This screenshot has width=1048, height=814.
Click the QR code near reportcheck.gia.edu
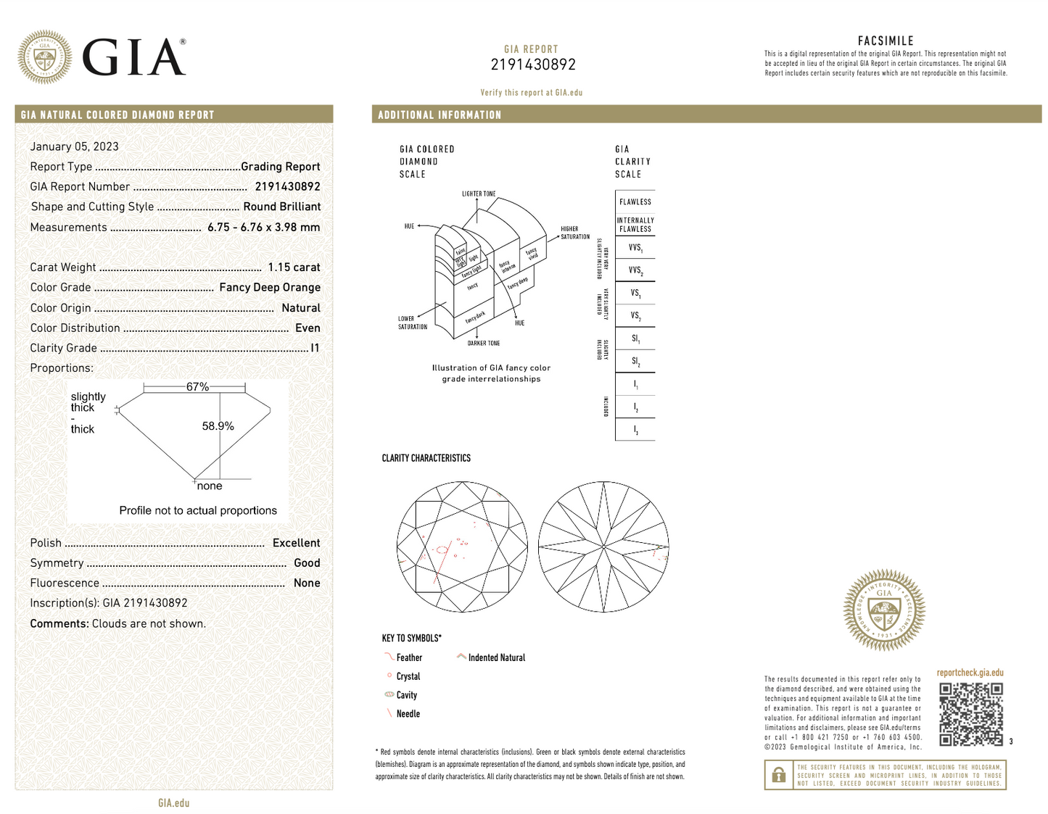pyautogui.click(x=971, y=714)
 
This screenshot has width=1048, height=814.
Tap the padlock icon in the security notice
pyautogui.click(x=778, y=775)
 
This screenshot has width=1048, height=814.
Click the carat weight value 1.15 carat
pyautogui.click(x=294, y=267)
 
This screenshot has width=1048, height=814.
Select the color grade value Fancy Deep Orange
pyautogui.click(x=270, y=288)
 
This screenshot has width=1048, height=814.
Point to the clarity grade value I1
pyautogui.click(x=315, y=348)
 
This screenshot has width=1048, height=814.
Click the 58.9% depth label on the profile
pyautogui.click(x=218, y=426)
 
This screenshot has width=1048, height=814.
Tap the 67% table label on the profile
pyautogui.click(x=197, y=387)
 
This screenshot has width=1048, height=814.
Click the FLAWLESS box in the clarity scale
pyautogui.click(x=635, y=202)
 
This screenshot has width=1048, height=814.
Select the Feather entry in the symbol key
pyautogui.click(x=409, y=657)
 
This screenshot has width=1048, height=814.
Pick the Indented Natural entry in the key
pyautogui.click(x=496, y=657)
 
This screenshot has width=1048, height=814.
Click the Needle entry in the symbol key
pyautogui.click(x=408, y=714)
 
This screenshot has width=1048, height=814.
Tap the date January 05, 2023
pyautogui.click(x=74, y=146)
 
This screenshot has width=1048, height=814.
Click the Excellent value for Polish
pyautogui.click(x=296, y=543)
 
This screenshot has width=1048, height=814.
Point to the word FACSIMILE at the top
pyautogui.click(x=886, y=41)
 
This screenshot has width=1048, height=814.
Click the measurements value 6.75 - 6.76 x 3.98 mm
pyautogui.click(x=263, y=228)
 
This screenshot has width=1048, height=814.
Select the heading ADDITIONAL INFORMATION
pyautogui.click(x=440, y=115)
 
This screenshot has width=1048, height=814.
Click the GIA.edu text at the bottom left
pyautogui.click(x=174, y=802)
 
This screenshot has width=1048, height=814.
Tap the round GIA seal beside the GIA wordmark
pyautogui.click(x=45, y=57)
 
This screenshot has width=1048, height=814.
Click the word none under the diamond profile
pyautogui.click(x=210, y=486)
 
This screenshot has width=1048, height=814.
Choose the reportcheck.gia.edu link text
pyautogui.click(x=970, y=673)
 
